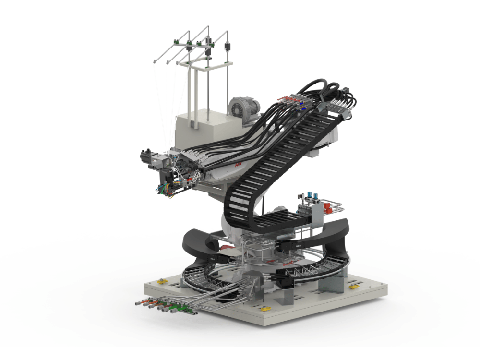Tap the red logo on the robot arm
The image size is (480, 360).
coord(237,165)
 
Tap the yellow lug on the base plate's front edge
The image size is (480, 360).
coord(264,310)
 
